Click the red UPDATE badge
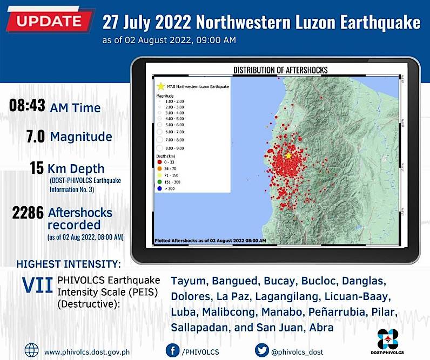coord(49,22)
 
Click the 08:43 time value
coord(27,106)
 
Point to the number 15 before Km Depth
coord(37,168)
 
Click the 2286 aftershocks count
coord(28,213)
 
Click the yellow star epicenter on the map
coord(288,155)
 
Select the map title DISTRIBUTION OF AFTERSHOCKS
coord(280,70)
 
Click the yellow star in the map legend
coord(160,86)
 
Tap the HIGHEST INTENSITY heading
coord(69,264)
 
